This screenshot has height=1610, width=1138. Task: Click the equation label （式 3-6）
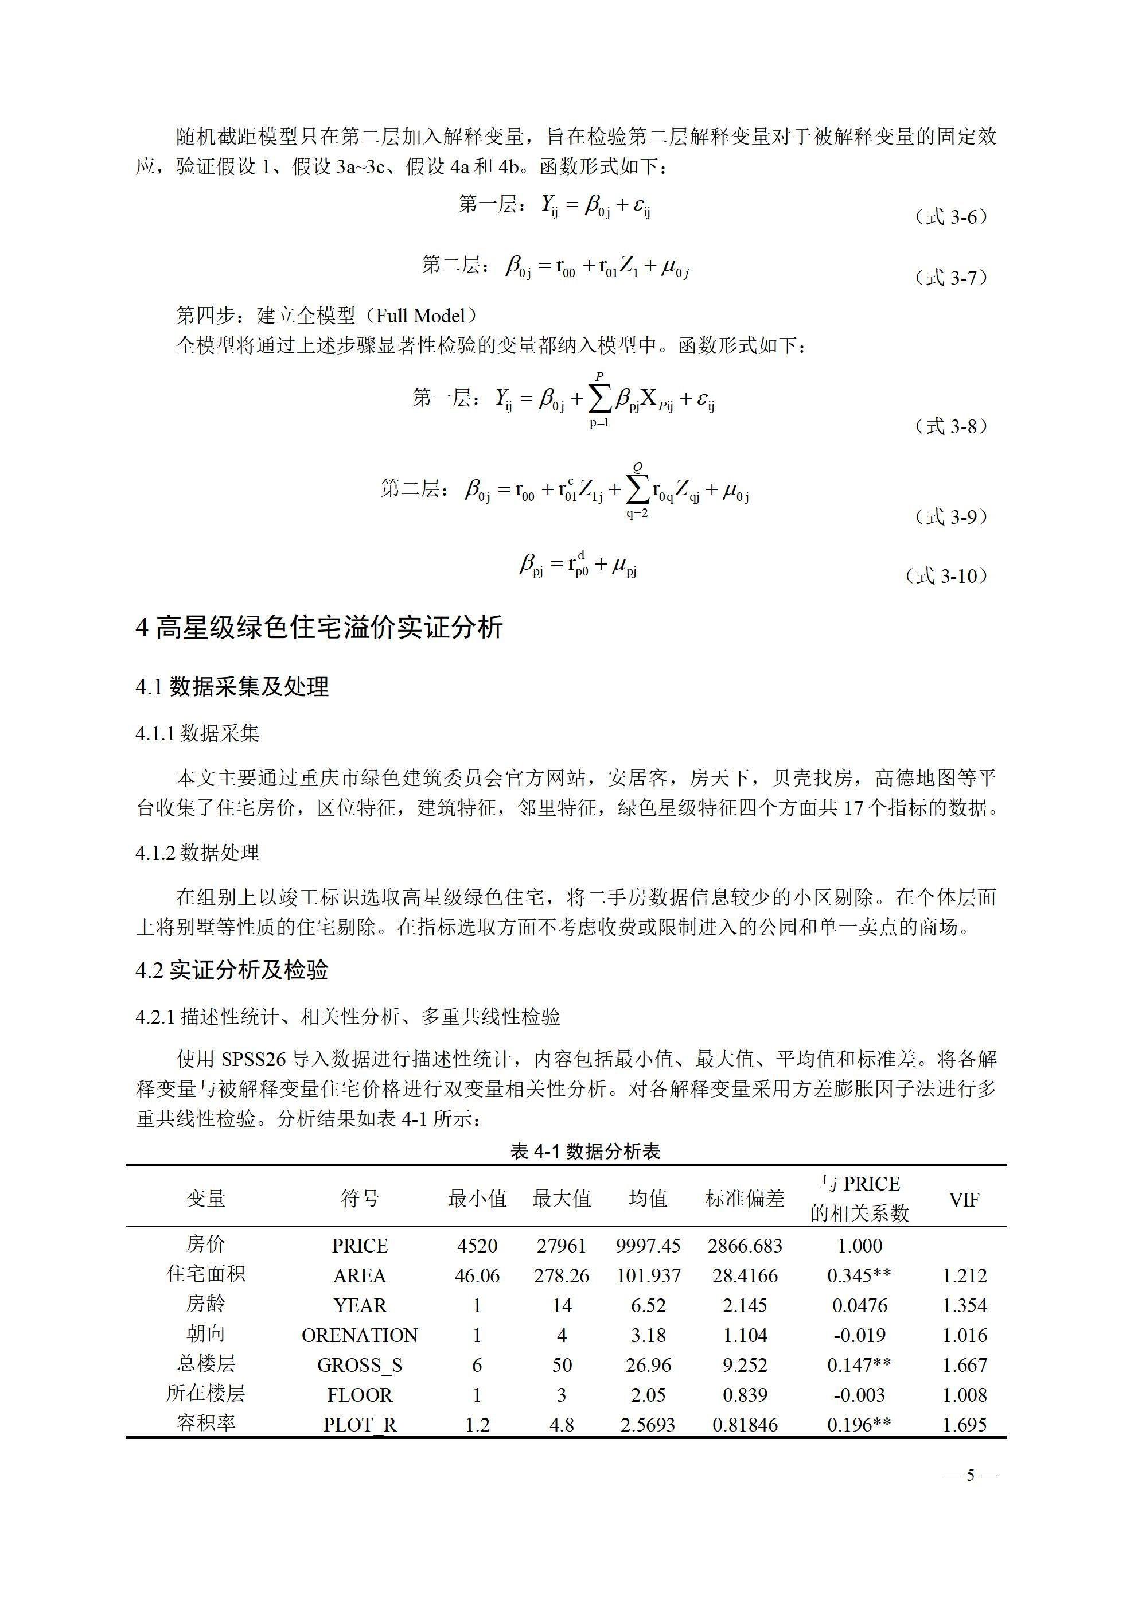click(951, 217)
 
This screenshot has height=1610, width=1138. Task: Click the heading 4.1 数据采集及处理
click(232, 686)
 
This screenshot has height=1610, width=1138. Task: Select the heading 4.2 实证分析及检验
click(232, 970)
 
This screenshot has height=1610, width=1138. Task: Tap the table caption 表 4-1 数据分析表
click(585, 1152)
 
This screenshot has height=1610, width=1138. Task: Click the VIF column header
click(964, 1200)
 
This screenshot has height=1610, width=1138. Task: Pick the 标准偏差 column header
click(745, 1199)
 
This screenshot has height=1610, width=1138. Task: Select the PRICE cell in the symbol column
click(360, 1246)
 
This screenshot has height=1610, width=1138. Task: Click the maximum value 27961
click(561, 1246)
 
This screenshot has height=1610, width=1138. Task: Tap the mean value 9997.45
click(648, 1246)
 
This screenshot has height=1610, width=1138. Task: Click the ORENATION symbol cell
click(360, 1335)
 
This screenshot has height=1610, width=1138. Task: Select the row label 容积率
click(205, 1424)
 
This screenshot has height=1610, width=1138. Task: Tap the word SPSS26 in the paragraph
click(254, 1059)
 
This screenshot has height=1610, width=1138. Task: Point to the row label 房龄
click(205, 1304)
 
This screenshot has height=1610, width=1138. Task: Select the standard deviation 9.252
click(745, 1365)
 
